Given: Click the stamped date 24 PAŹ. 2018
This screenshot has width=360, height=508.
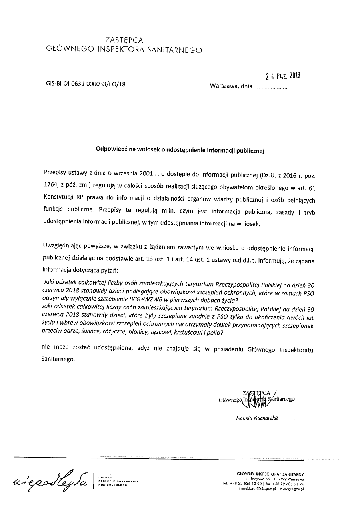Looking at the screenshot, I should [283, 76].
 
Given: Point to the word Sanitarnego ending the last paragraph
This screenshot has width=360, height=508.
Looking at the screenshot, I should [58, 359].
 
